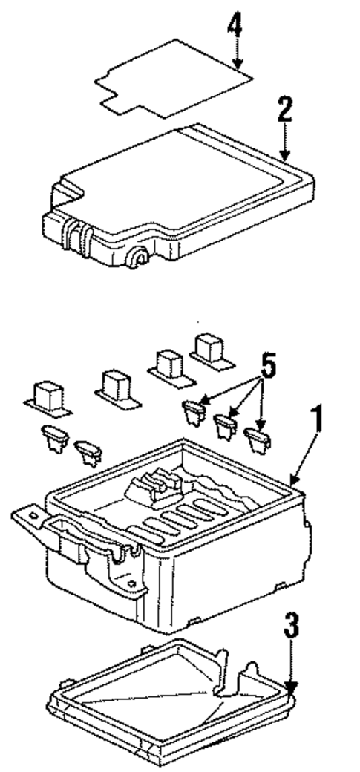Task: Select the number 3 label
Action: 293,632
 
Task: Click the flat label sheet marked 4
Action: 171,77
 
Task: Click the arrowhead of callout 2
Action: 284,157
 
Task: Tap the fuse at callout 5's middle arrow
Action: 225,425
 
